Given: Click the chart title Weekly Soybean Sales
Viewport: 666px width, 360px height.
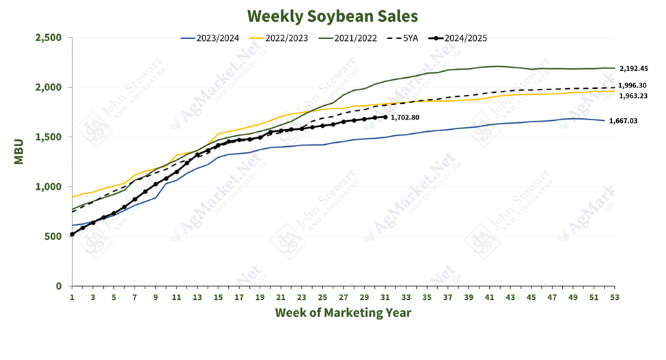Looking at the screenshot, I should (x=332, y=15).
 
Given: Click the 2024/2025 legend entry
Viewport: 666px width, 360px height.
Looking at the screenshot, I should (x=464, y=38).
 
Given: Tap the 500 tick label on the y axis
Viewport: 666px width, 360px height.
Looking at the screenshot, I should (x=51, y=236).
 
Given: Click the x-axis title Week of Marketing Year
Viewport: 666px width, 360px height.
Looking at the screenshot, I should (x=343, y=313).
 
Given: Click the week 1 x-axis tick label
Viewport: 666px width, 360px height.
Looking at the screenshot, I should (x=72, y=297).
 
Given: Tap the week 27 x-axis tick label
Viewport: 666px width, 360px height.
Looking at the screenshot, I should (x=343, y=297).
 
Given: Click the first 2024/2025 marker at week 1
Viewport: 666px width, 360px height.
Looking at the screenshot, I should (x=72, y=234).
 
